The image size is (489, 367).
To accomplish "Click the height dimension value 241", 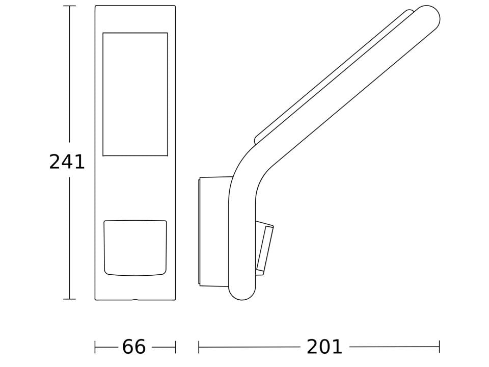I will pos(67,162).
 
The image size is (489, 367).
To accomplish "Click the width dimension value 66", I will pos(134,347).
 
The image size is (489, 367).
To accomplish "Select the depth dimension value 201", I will pos(324,347).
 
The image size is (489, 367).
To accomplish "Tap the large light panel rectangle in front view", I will pos(135,94).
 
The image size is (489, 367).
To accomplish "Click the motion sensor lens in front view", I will pos(135,248).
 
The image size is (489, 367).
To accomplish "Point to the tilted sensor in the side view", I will pos(264,248).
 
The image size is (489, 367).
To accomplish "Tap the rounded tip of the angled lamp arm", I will pos(428,17).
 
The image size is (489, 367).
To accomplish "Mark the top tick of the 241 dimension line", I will pos(69,6).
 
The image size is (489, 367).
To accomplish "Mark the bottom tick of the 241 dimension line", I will pos(69,299).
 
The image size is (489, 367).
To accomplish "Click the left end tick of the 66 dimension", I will pos(95,347).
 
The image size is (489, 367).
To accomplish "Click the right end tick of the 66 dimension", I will pos(175,347).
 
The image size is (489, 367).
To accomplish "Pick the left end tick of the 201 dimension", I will pos(199,347).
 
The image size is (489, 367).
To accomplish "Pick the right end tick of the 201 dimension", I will pos(439,347).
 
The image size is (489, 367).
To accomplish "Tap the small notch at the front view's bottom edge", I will pos(135,300).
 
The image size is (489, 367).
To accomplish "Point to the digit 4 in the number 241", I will pos(67,162).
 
